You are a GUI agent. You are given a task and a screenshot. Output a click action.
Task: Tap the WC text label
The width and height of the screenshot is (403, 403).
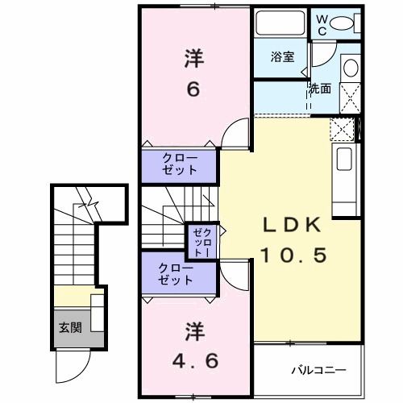pos(321,24)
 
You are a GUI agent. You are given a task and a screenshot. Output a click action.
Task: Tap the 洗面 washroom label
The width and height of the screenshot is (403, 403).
pos(319,89)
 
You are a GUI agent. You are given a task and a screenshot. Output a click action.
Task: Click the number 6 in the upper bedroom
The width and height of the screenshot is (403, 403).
pos(193,89)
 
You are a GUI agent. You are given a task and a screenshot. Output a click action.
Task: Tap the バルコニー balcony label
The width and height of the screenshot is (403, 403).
pos(318,371)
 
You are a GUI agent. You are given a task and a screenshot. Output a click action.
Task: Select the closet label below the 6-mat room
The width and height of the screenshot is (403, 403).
pos(179,164)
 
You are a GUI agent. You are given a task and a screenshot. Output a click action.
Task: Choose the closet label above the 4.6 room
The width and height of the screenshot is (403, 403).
pos(176,274)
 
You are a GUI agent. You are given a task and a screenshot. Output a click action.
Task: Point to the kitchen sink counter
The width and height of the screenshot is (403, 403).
pos(344,173)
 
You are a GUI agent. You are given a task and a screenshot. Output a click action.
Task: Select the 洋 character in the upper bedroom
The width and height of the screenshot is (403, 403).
pos(193,58)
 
